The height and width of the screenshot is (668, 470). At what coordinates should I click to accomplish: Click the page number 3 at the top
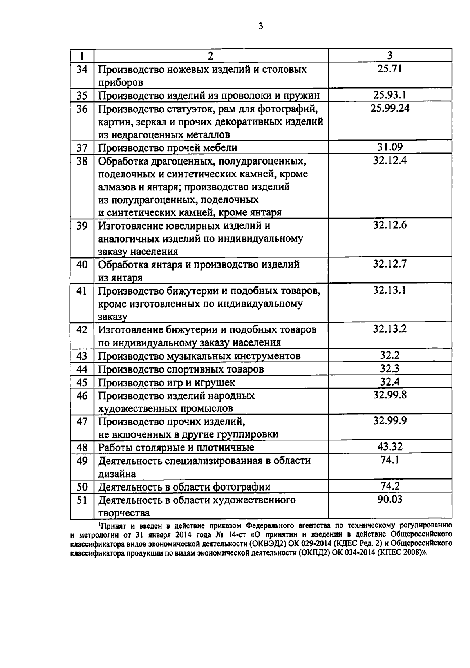click(261, 26)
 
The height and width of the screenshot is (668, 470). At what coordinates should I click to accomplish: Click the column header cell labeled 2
click(211, 56)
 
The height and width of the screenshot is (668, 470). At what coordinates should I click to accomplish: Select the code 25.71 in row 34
click(390, 69)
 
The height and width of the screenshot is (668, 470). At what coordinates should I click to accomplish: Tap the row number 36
click(82, 109)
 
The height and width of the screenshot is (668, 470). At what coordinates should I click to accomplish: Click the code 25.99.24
click(390, 108)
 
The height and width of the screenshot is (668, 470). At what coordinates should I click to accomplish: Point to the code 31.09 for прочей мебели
click(390, 147)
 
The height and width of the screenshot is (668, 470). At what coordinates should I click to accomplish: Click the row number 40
click(82, 264)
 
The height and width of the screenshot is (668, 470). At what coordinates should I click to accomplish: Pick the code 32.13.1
click(390, 290)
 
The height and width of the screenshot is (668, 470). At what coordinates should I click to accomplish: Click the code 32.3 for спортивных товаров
click(390, 368)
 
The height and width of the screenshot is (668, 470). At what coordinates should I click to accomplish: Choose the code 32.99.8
click(390, 395)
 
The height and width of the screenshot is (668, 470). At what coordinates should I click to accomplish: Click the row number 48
click(82, 447)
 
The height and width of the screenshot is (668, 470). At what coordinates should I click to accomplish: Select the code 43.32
click(390, 446)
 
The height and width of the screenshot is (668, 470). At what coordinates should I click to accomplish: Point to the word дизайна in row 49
click(117, 474)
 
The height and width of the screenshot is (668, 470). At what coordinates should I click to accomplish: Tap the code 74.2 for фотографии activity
click(390, 486)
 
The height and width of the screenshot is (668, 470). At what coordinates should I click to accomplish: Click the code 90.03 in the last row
click(390, 499)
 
